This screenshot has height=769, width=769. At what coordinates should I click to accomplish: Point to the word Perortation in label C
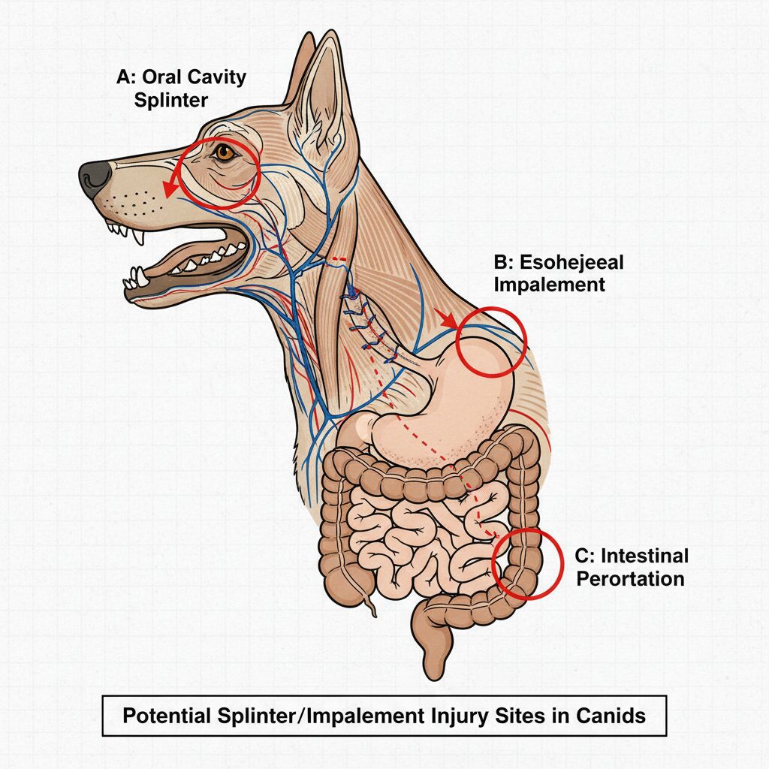pyautogui.click(x=629, y=579)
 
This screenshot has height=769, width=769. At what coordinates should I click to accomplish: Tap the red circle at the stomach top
pyautogui.click(x=492, y=340)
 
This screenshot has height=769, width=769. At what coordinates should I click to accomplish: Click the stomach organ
pyautogui.click(x=451, y=406)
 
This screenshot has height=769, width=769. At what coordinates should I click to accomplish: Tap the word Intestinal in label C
pyautogui.click(x=631, y=557)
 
